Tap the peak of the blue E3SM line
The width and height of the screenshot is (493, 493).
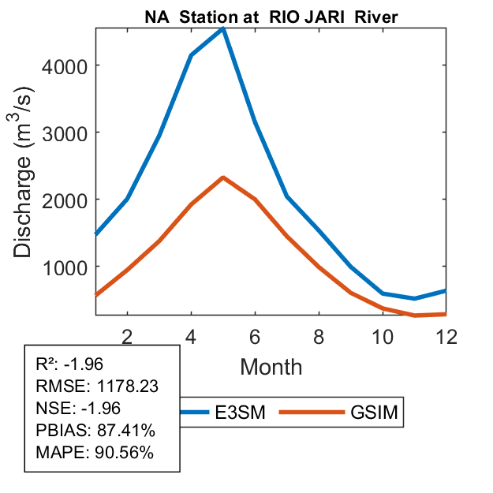coord(224,29)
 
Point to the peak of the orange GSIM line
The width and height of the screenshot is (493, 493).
coord(223,177)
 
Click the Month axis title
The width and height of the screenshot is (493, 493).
coord(271,366)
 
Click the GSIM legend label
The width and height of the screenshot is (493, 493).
coord(373,413)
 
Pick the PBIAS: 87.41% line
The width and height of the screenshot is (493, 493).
coord(95,431)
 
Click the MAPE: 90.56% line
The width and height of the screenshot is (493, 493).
coord(95,453)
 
